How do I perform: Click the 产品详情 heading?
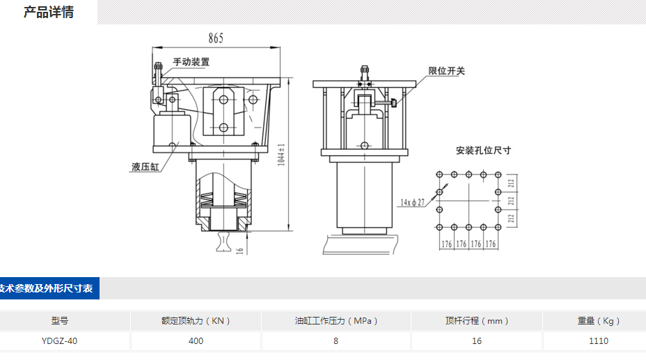(x=49, y=13)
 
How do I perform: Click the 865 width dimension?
(x=215, y=39)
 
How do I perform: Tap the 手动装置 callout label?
(x=191, y=62)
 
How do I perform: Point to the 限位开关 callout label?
(x=446, y=70)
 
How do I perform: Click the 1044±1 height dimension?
(x=282, y=153)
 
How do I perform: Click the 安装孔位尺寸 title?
(x=483, y=150)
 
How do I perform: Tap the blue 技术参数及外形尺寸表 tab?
(x=48, y=288)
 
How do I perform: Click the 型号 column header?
(x=60, y=321)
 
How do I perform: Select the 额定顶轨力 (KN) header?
(x=196, y=321)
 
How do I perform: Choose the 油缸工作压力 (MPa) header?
(x=336, y=321)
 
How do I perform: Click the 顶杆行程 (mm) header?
(x=477, y=321)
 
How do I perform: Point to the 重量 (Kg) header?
(x=598, y=321)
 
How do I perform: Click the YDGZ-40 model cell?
(x=60, y=341)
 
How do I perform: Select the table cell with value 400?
(x=196, y=341)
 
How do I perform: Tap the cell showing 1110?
(x=598, y=341)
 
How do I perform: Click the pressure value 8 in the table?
(x=336, y=341)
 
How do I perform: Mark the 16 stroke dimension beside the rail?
(x=240, y=249)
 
